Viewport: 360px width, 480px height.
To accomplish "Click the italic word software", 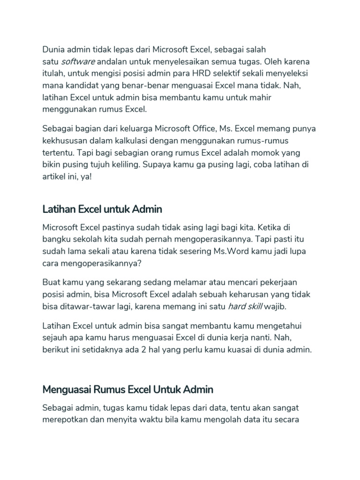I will [78, 61].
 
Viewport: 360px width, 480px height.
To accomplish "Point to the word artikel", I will [54, 177].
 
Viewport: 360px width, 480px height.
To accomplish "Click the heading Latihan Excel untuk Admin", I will [102, 209].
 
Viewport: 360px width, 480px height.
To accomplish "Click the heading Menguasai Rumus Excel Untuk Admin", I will [127, 389].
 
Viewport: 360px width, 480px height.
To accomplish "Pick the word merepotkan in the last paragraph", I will [64, 420].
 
